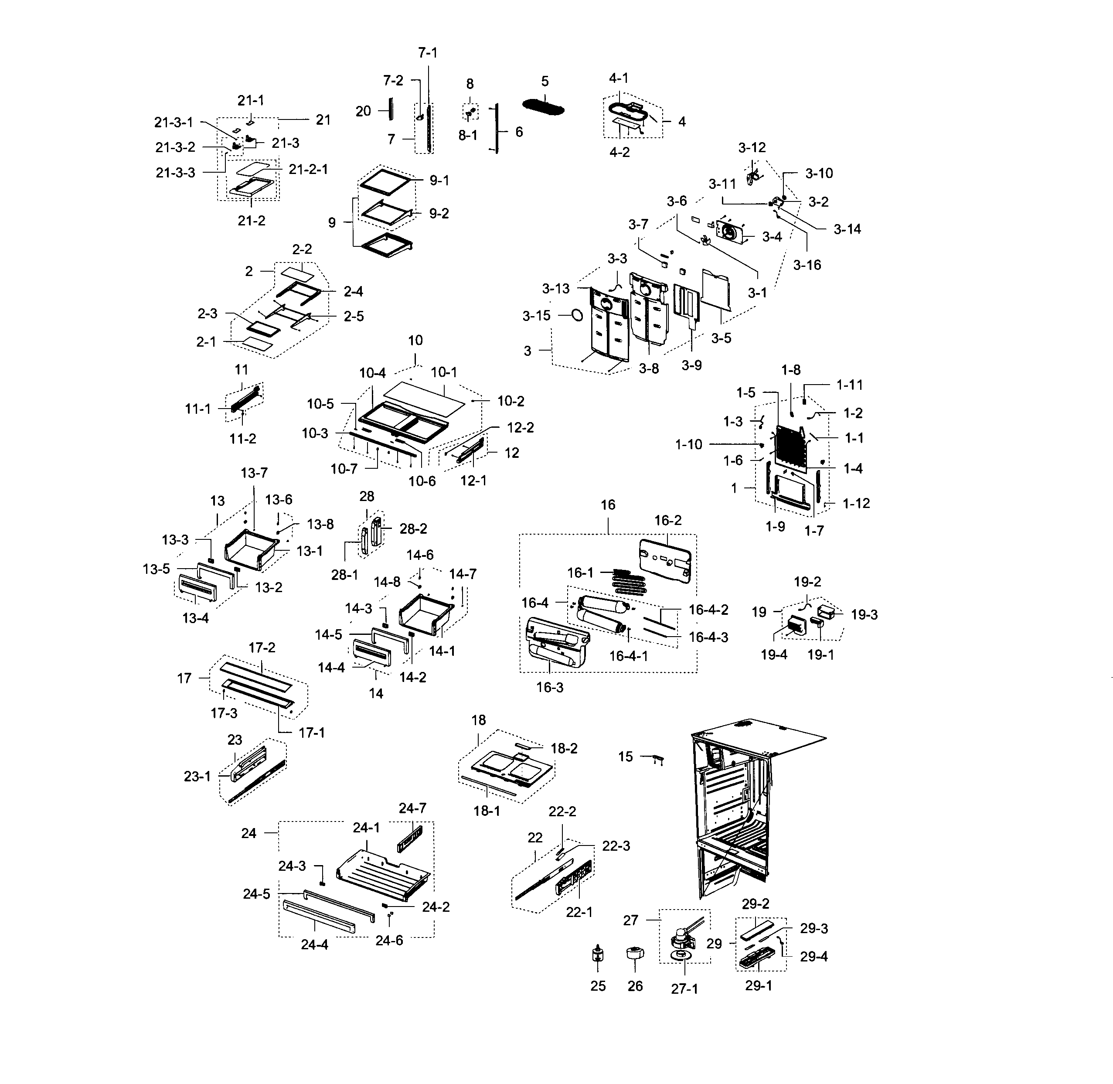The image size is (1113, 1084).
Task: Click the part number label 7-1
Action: coord(428,53)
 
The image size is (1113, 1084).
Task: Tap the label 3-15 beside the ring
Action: coord(536,316)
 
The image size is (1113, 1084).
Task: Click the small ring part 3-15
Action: coord(576,315)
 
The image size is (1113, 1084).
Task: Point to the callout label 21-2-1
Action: coord(308,170)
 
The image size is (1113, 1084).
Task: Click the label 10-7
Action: coord(344,469)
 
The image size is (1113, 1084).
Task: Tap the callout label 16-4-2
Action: coord(708,610)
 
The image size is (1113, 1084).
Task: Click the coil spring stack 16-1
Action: coord(628,582)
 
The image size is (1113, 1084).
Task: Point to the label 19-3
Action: coord(864,615)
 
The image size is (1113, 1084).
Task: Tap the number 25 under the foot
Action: coord(598,986)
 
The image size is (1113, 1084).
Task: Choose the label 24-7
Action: coord(412,808)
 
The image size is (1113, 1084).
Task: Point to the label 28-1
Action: coord(344,575)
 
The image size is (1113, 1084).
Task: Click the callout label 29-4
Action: coord(813,957)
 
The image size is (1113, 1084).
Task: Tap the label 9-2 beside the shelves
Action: coord(439,214)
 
